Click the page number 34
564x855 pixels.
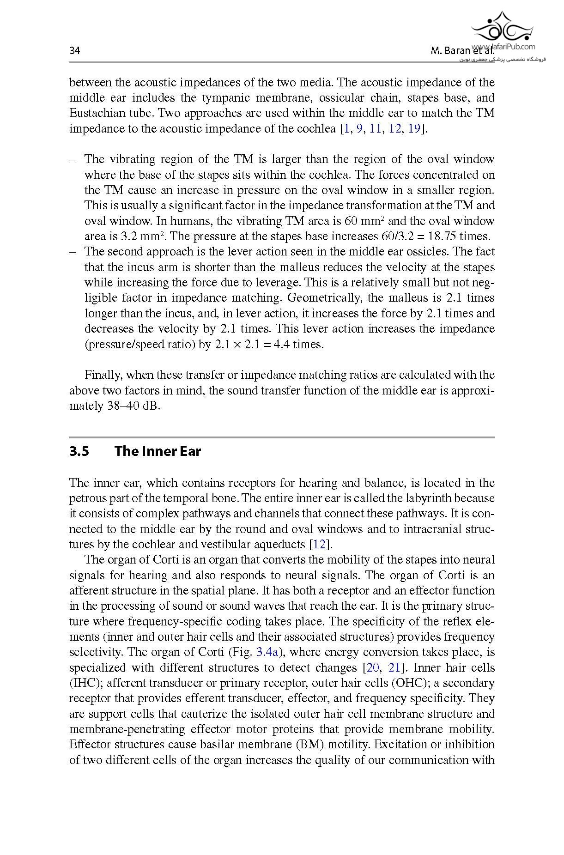point(74,51)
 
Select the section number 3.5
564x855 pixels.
point(79,451)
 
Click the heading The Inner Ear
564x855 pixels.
point(158,451)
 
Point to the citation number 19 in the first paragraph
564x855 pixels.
point(414,128)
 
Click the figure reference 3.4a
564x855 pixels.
point(268,652)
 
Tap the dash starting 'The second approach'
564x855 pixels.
point(73,252)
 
